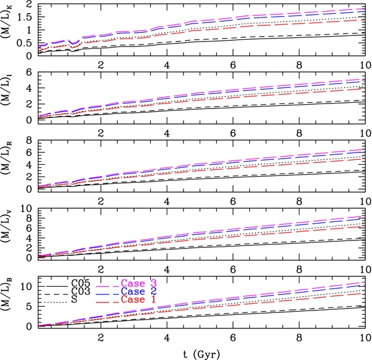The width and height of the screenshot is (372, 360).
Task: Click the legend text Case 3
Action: (x=139, y=283)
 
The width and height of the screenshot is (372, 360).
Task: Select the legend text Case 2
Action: (x=139, y=291)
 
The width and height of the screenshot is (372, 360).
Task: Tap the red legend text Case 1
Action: (x=138, y=299)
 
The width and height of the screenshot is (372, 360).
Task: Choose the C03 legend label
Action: (x=81, y=291)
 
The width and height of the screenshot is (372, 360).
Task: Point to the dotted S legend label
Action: (x=74, y=299)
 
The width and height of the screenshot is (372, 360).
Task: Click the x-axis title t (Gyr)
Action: (x=201, y=354)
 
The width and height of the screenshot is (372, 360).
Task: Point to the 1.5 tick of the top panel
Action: (x=25, y=17)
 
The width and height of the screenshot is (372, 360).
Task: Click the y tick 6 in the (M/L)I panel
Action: (x=29, y=72)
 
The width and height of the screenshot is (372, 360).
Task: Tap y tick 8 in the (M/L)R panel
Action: (x=29, y=140)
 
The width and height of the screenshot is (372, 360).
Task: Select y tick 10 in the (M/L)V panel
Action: (x=26, y=209)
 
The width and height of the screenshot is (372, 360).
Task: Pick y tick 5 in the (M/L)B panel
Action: (x=29, y=307)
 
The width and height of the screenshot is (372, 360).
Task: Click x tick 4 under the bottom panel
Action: (x=167, y=338)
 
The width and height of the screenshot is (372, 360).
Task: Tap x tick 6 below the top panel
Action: (x=233, y=64)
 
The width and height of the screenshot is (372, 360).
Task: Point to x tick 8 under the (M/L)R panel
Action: (x=299, y=201)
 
